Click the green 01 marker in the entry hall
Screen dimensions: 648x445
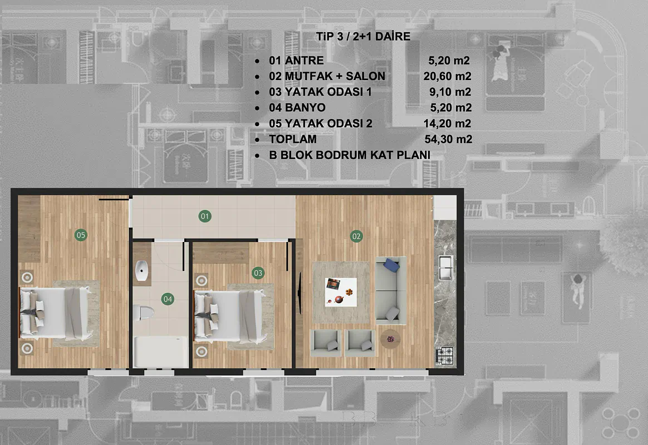click(204, 216)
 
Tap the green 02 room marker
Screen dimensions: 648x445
click(356, 236)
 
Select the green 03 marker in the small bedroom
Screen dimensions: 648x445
click(258, 273)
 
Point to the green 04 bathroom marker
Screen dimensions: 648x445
click(168, 299)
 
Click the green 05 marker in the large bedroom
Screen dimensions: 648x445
click(81, 235)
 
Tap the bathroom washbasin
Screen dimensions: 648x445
click(142, 271)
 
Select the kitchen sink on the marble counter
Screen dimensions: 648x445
click(445, 268)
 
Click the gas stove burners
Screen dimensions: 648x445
click(445, 356)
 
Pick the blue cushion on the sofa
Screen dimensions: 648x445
click(391, 265)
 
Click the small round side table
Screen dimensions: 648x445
click(390, 339)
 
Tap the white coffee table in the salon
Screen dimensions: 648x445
click(341, 292)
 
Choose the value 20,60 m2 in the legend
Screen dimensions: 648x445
click(447, 76)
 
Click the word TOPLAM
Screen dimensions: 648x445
click(293, 139)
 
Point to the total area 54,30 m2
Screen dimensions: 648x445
click(448, 139)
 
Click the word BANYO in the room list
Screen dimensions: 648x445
click(306, 108)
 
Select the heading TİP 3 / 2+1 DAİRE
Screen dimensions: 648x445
click(364, 36)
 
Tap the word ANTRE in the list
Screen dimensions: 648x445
click(304, 61)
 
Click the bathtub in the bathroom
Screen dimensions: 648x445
click(160, 352)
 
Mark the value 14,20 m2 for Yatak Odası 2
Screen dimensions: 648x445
click(447, 123)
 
